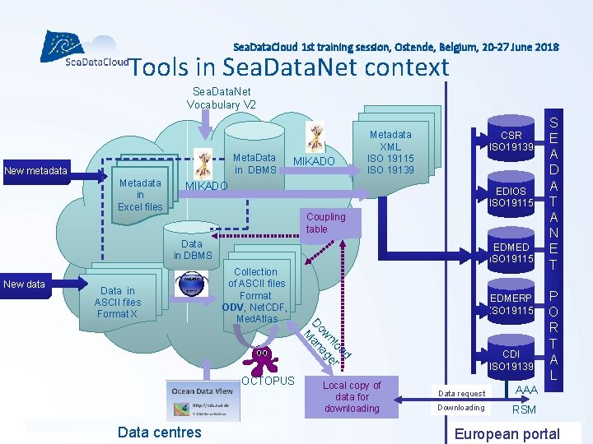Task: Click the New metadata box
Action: point(35,171)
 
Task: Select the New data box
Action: point(25,284)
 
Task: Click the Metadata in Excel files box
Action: point(140,195)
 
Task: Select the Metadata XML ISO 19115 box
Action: point(390,151)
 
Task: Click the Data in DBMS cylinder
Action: point(193,249)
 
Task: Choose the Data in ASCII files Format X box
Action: point(119,302)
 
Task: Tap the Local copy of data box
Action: point(352,396)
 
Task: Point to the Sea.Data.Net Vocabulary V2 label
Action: point(222,98)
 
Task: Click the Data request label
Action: point(462,394)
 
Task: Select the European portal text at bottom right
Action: point(507,434)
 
